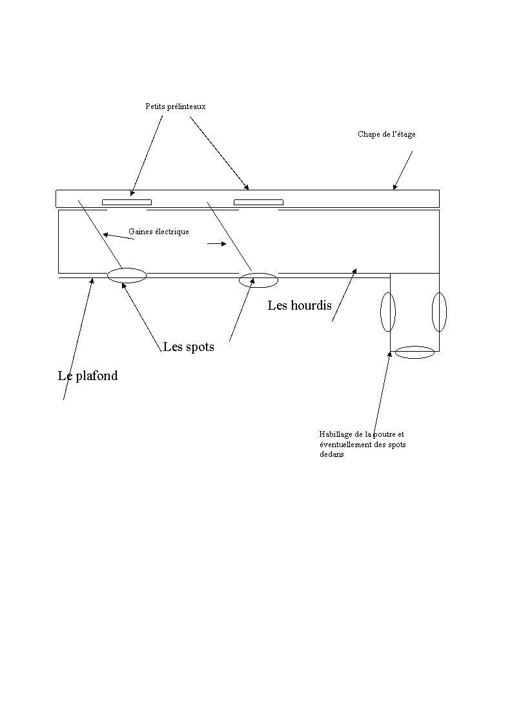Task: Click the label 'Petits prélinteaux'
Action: (x=176, y=106)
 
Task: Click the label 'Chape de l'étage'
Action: (x=387, y=134)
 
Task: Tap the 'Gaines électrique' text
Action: (x=158, y=231)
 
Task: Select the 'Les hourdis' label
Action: (x=300, y=305)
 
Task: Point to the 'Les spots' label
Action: (x=189, y=347)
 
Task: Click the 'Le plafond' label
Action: (x=88, y=376)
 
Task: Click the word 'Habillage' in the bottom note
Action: (x=334, y=434)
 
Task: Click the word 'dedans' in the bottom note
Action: (x=331, y=454)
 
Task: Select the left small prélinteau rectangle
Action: (x=127, y=202)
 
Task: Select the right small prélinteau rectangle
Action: (x=258, y=202)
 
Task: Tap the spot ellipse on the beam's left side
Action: (x=381, y=312)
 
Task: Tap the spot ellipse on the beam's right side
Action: (x=433, y=312)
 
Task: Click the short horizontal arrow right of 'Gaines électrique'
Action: (x=217, y=244)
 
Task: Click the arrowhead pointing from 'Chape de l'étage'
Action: (x=394, y=187)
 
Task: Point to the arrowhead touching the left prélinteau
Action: (x=132, y=194)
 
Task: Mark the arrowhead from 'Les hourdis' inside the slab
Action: (x=355, y=270)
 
